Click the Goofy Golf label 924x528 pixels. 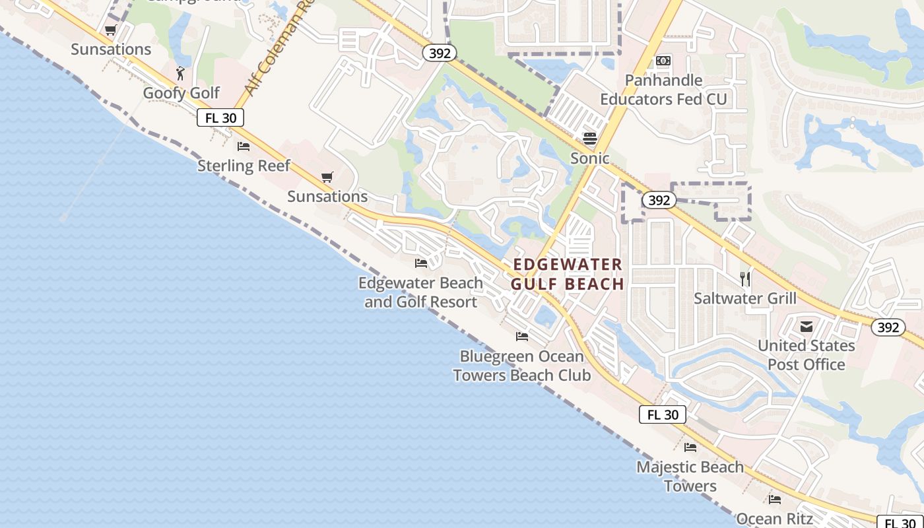tap(181, 93)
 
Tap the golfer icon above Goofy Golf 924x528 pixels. tap(180, 73)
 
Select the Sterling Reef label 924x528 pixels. tap(244, 165)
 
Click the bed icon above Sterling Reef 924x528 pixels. tap(244, 147)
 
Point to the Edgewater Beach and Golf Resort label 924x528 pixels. tap(420, 292)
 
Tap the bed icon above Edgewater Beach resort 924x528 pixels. tap(421, 263)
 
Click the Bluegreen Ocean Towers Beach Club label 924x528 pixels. tap(521, 366)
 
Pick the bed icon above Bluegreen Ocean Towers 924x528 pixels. tap(522, 337)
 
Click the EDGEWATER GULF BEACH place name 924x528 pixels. tap(568, 274)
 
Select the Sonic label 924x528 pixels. tap(590, 158)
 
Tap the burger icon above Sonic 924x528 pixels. tap(590, 138)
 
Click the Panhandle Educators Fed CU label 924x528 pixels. tap(663, 90)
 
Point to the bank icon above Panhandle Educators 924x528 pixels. tap(663, 61)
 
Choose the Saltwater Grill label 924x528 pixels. tap(745, 298)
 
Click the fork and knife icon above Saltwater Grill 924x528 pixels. tap(745, 279)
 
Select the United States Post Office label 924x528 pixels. tap(806, 355)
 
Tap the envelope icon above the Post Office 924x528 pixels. tap(806, 326)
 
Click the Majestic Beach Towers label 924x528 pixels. tap(690, 477)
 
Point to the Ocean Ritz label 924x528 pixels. tap(774, 519)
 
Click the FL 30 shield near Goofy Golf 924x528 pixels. tap(220, 118)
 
